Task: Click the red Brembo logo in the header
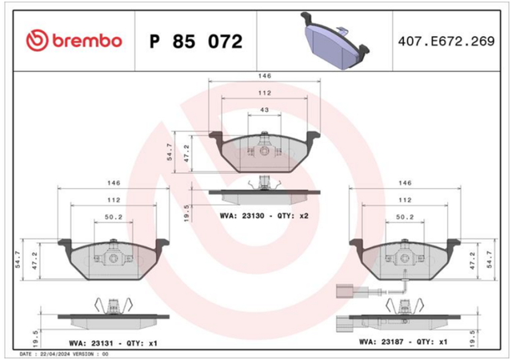pos(74,41)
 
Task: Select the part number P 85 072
pos(196,42)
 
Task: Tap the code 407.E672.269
pos(446,41)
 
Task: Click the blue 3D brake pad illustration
pos(335,41)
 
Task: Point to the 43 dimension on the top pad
pos(265,110)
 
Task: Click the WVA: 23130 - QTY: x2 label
pos(264,216)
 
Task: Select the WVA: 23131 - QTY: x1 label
pos(113,343)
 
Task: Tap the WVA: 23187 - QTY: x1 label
pos(403,342)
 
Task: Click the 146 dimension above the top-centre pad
pos(265,76)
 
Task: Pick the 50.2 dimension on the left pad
pos(114,217)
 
